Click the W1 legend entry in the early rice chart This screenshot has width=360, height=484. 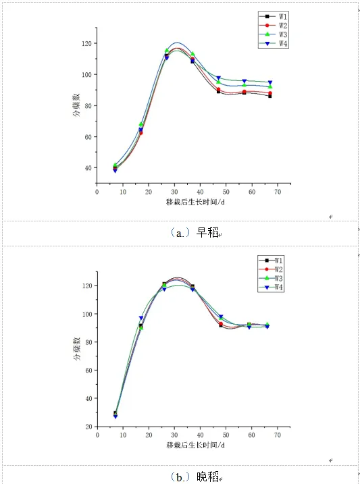(274, 16)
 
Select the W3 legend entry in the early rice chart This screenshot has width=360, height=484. (274, 34)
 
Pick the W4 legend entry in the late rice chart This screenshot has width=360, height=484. (271, 288)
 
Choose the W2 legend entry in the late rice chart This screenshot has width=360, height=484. (271, 269)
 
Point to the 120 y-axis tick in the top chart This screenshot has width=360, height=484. (86, 43)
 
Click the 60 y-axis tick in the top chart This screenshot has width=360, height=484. (88, 137)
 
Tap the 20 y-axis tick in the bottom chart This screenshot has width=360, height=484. (88, 427)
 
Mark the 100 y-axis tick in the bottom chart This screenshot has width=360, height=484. (87, 314)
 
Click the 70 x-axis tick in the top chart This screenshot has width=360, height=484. (278, 192)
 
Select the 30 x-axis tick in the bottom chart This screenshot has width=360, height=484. (174, 435)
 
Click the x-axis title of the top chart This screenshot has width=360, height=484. (195, 203)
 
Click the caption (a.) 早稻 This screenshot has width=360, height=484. (195, 232)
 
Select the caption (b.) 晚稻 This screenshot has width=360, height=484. (195, 477)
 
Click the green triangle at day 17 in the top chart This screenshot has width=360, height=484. (141, 124)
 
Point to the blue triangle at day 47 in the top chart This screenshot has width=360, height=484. (219, 78)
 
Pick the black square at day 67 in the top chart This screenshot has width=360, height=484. (270, 96)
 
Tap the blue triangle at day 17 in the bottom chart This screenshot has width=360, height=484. (141, 318)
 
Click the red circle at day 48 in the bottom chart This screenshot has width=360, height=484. (221, 324)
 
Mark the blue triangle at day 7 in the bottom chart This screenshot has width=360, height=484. (115, 416)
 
